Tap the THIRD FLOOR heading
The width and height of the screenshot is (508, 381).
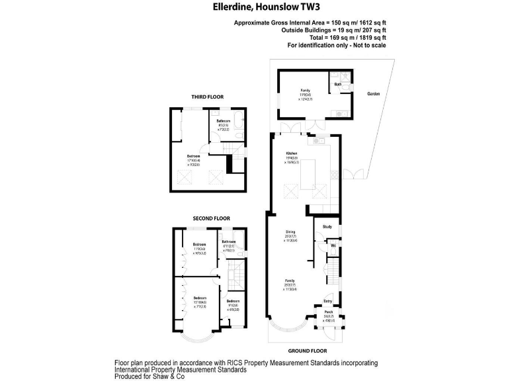coord(208,97)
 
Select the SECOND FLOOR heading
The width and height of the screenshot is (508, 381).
coord(211,218)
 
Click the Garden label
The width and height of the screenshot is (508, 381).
coord(374,94)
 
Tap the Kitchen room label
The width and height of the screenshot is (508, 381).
coord(291,153)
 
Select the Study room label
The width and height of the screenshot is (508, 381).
coord(327,228)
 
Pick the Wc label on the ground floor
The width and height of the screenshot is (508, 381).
coord(333,245)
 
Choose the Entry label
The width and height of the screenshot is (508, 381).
coord(327,301)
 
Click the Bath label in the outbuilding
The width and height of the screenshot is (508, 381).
coord(338,85)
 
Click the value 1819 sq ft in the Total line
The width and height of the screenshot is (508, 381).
coord(368,38)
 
